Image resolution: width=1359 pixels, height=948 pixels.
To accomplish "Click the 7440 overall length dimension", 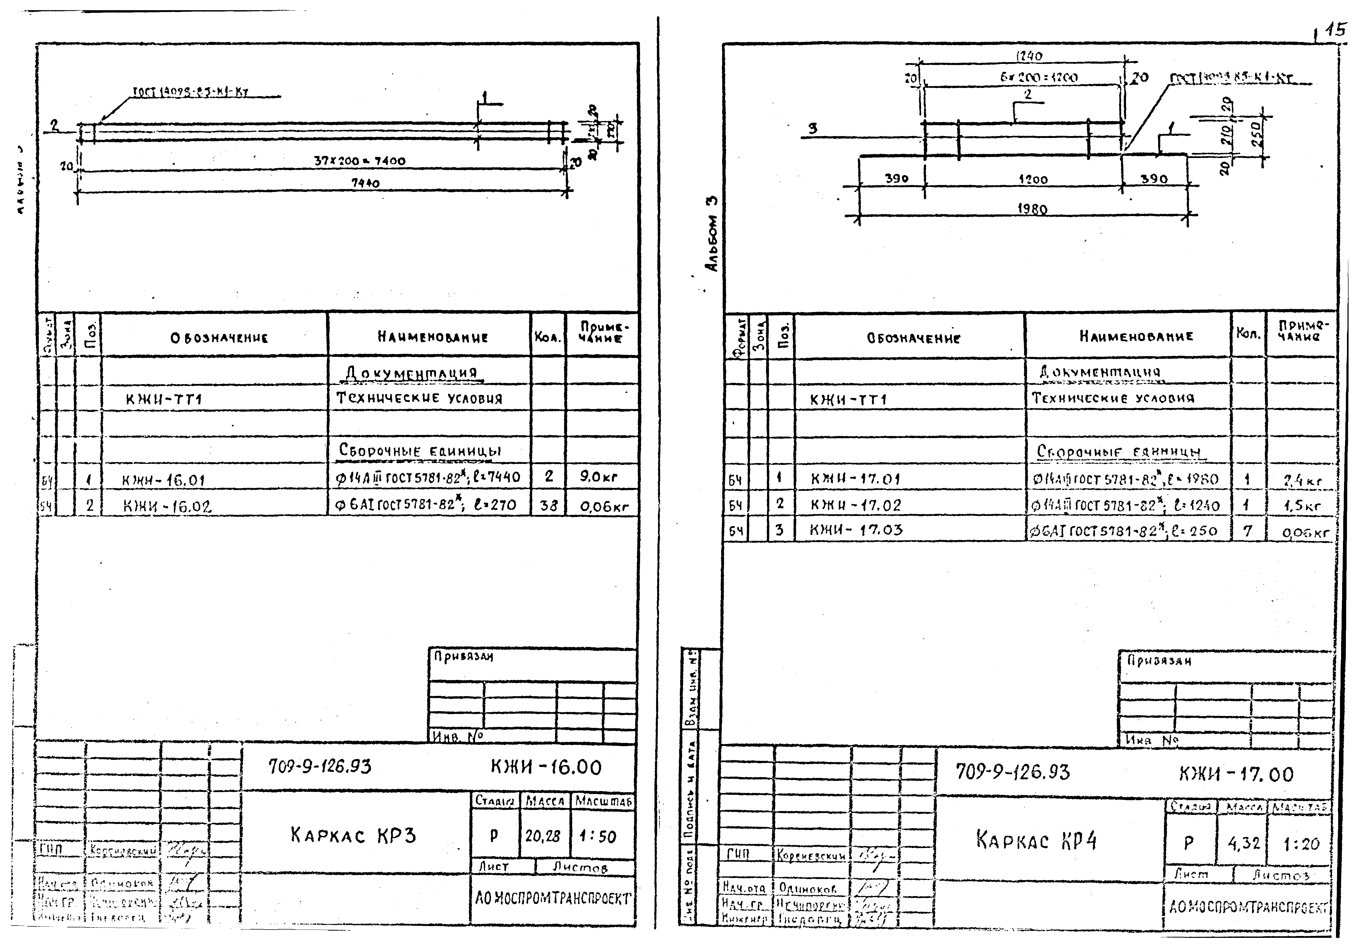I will tap(365, 183).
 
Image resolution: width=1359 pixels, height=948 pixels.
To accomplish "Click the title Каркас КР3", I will tap(353, 835).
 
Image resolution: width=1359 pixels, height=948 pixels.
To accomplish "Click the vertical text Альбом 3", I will tap(713, 234).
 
